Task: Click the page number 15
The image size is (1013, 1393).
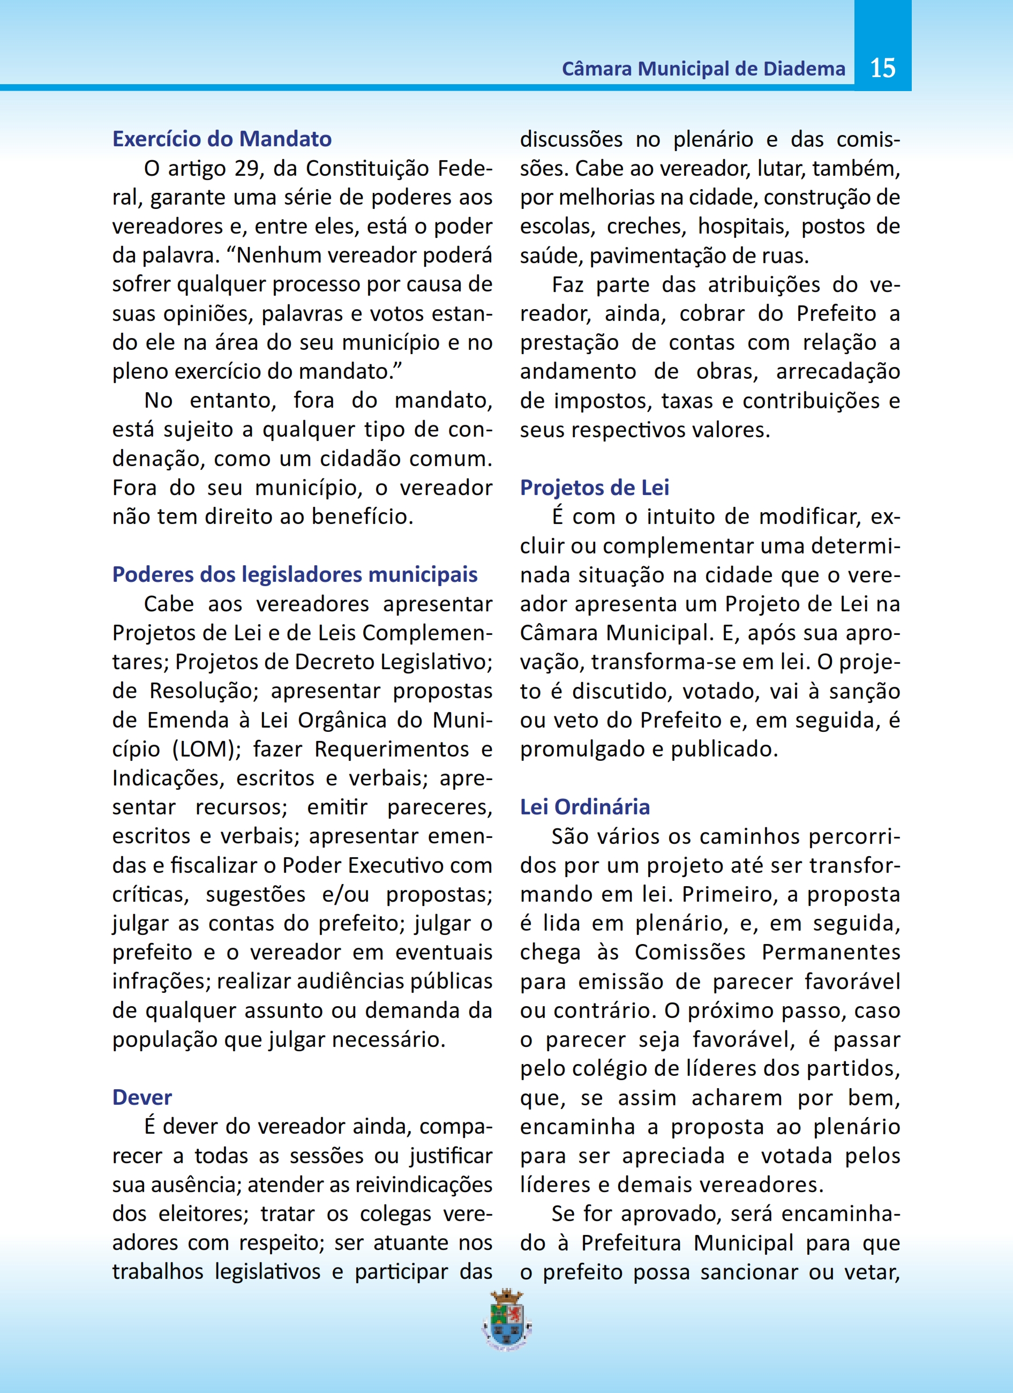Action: pos(882,68)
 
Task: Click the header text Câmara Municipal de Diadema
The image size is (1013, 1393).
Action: pos(703,69)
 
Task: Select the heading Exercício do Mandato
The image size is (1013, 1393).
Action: pos(222,139)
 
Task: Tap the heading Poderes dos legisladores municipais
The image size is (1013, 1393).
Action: pos(295,574)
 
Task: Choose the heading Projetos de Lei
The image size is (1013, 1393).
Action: pos(594,487)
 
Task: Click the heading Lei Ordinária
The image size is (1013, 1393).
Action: pos(584,806)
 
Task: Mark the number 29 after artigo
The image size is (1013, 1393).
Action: pos(249,168)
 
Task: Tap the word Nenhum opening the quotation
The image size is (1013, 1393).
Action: pos(271,256)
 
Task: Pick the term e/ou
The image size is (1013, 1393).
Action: pos(346,894)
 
